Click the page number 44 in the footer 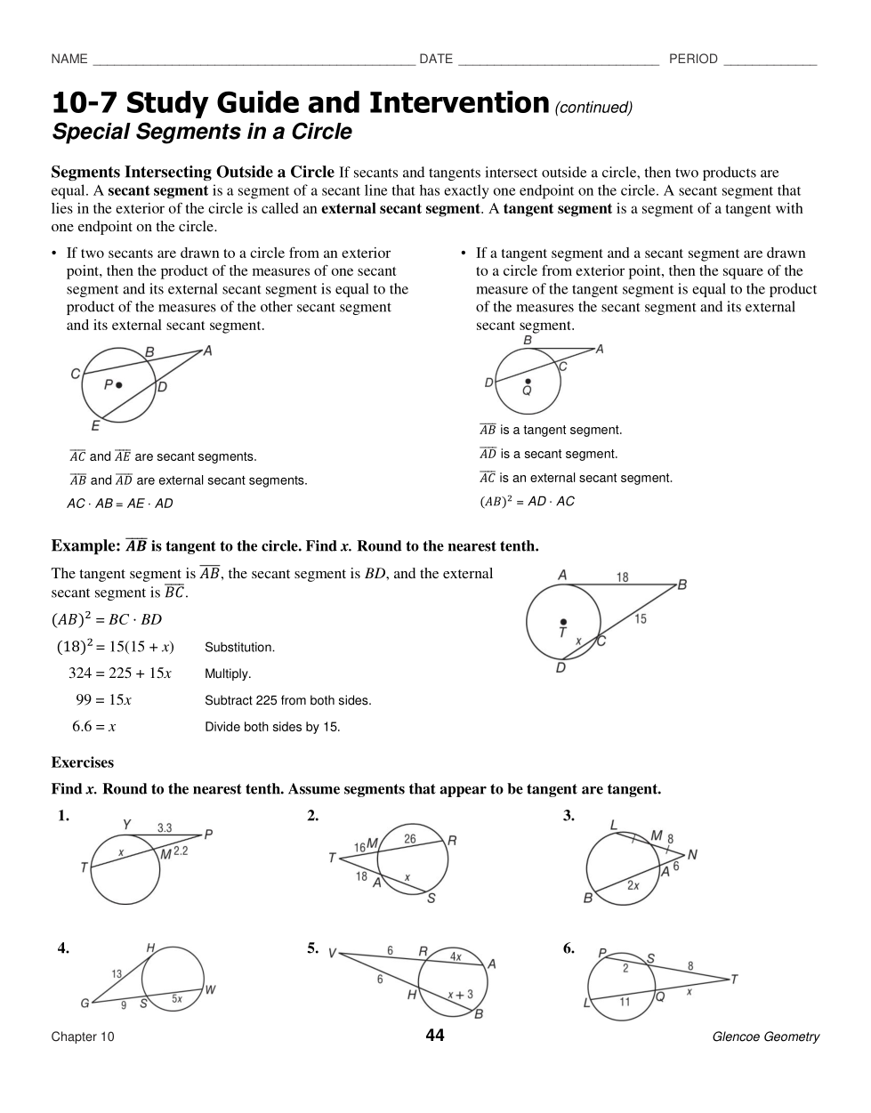coord(434,1035)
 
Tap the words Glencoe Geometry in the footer coord(765,1036)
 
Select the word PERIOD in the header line coord(693,59)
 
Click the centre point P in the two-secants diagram coord(118,385)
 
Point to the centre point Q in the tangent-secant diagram coord(528,382)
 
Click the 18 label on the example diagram coord(622,577)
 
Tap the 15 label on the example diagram coord(641,619)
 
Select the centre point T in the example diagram coord(562,623)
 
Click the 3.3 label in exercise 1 coord(165,827)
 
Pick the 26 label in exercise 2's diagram coord(410,838)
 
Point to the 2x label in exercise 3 coord(633,885)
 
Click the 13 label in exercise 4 coord(117,973)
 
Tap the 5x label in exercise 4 coord(176,999)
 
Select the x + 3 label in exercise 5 coord(460,995)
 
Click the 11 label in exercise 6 coord(625,1002)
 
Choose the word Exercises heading coord(83,762)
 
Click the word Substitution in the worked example coord(239,648)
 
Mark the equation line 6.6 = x coord(94,727)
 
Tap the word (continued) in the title coord(593,108)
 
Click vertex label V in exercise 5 coord(332,953)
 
